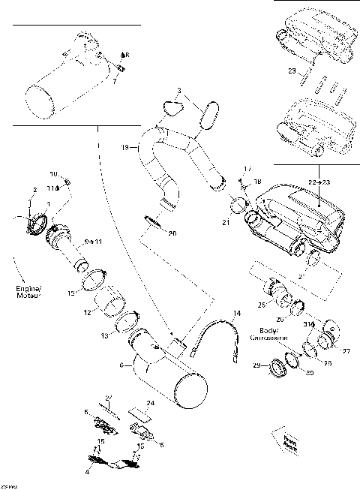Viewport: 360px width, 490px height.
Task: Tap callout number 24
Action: [x=150, y=403]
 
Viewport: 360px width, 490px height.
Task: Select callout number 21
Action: [x=226, y=222]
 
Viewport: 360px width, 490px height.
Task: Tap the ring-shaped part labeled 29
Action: [x=277, y=368]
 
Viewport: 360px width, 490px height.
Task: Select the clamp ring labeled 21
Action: [x=238, y=205]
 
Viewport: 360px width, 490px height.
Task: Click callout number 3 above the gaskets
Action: [x=178, y=91]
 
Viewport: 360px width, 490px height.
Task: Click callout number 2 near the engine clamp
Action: [x=34, y=190]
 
